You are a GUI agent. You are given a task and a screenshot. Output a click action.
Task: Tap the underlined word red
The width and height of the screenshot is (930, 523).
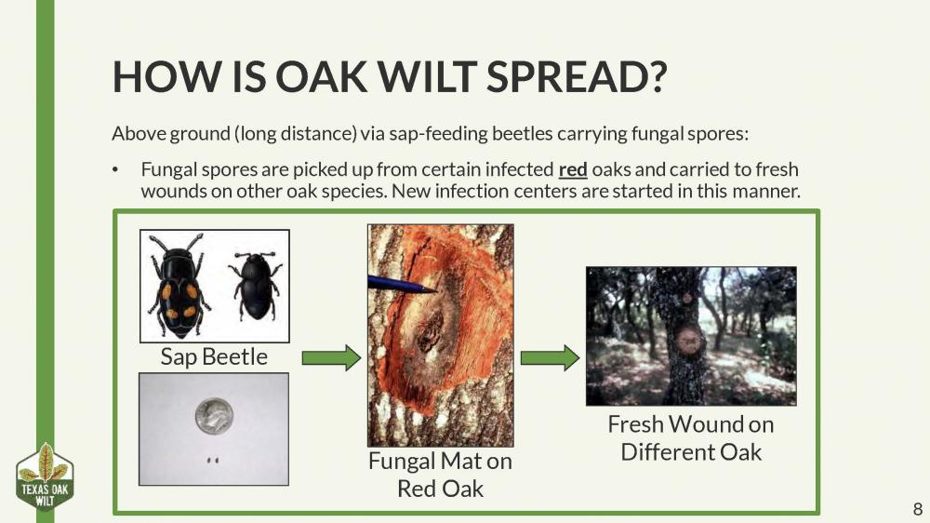(573, 171)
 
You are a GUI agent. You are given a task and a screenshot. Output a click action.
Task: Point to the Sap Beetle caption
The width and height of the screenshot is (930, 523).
(213, 356)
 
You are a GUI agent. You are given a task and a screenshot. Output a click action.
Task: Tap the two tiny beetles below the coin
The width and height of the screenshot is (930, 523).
(212, 459)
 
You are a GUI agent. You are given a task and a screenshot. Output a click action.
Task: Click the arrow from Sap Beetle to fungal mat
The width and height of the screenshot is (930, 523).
(331, 357)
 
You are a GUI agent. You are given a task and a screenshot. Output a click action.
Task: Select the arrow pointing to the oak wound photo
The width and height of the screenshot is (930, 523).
(549, 357)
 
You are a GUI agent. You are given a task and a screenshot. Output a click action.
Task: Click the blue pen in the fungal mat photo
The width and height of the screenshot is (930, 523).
(400, 285)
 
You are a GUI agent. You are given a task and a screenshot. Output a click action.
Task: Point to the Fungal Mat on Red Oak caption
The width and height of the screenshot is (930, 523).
(440, 475)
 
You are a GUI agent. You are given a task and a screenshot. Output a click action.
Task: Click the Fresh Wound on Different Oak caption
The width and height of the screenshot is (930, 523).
(690, 438)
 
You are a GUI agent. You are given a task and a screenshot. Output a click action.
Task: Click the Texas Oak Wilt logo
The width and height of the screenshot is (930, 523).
(45, 476)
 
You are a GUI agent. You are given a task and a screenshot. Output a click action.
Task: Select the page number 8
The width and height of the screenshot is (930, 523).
(917, 509)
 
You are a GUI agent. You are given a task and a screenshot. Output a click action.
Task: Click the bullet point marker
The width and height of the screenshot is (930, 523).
(116, 171)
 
